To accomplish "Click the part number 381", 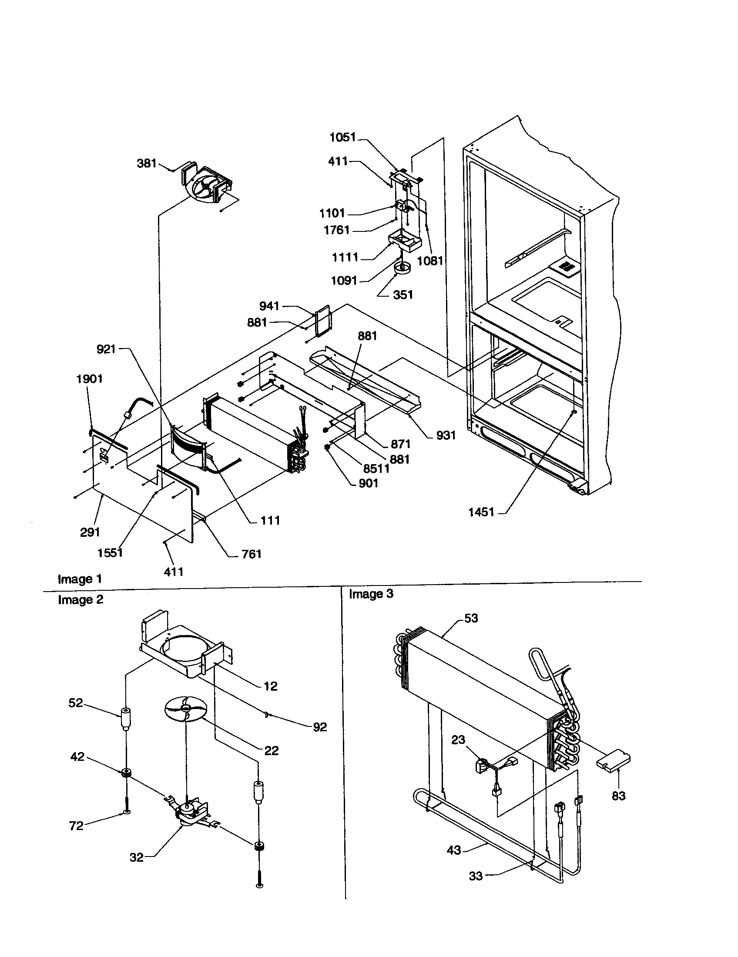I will pos(146,163).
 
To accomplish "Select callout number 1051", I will pos(343,137).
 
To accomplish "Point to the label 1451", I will pos(481,512).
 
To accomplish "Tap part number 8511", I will pos(376,468).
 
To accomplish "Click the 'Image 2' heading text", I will pos(81,599).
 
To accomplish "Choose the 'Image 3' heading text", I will pos(371,594).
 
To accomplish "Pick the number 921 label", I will pos(106,349).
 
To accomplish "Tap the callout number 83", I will pos(618,796).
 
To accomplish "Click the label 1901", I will pos(89,378).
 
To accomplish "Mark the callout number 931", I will pos(446,435).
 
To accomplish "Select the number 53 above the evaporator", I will pos(471,618).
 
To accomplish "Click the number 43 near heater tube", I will pos(453,850).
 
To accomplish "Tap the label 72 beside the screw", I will pos(76,826).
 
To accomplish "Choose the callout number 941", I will pos(269,306).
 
